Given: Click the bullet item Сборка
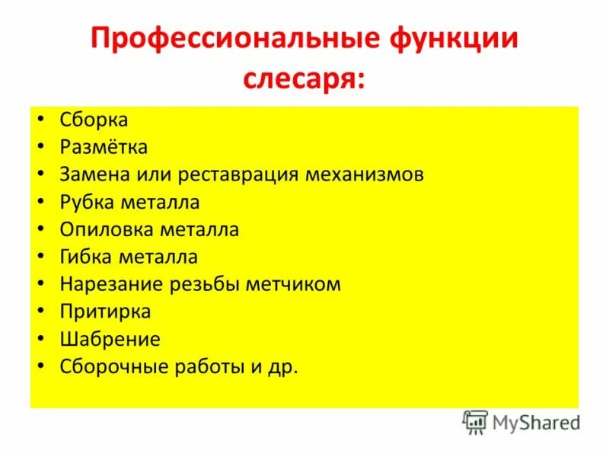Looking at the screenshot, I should (x=94, y=120).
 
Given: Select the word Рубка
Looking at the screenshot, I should (x=85, y=202).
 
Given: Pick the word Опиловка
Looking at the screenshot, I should (x=103, y=229).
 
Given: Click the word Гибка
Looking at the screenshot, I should (x=84, y=257).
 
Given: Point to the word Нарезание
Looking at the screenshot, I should (x=106, y=284).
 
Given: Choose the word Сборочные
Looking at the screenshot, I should (x=110, y=366).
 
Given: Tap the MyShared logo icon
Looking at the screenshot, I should (x=475, y=422).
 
